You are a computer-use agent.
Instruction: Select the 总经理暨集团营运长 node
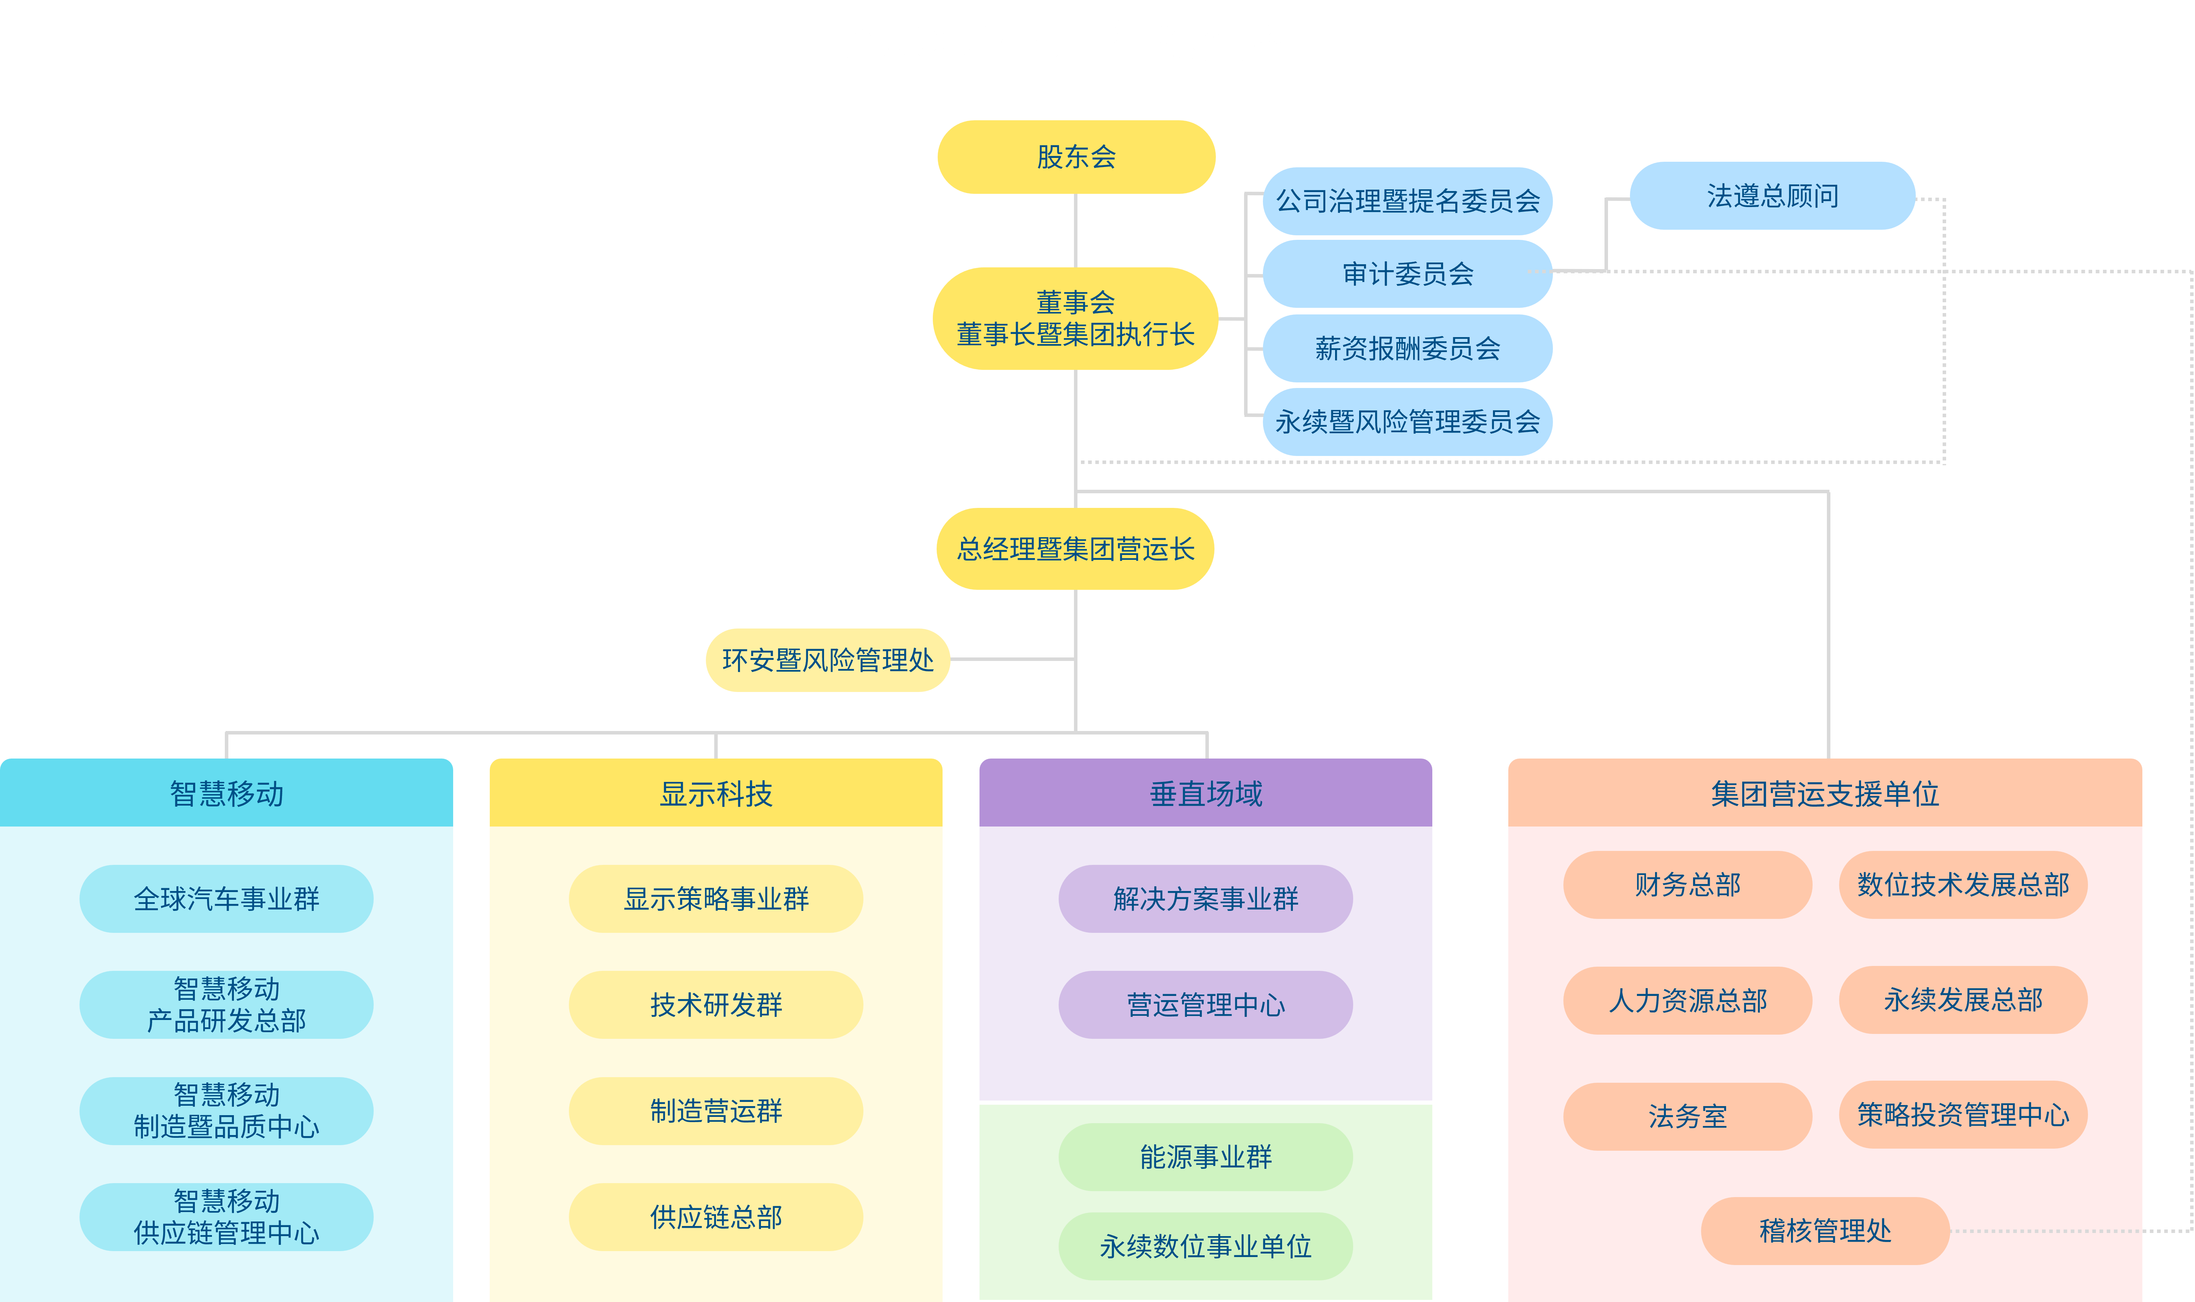(1076, 549)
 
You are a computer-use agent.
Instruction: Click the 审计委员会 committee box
(1407, 274)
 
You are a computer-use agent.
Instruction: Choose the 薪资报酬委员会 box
(1407, 348)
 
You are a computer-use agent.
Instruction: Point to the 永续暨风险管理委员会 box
(1407, 422)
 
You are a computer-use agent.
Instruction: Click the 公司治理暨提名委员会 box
(1407, 201)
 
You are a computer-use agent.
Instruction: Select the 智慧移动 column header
(226, 793)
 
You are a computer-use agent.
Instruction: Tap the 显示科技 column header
(716, 793)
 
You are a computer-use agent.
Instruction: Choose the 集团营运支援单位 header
(1825, 793)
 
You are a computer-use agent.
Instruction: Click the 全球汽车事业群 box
(226, 898)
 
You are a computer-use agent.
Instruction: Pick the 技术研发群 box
(716, 1005)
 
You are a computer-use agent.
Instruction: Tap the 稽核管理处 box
(1825, 1230)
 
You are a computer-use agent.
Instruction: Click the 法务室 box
(1687, 1116)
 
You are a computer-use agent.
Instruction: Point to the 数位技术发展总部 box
(1962, 884)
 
